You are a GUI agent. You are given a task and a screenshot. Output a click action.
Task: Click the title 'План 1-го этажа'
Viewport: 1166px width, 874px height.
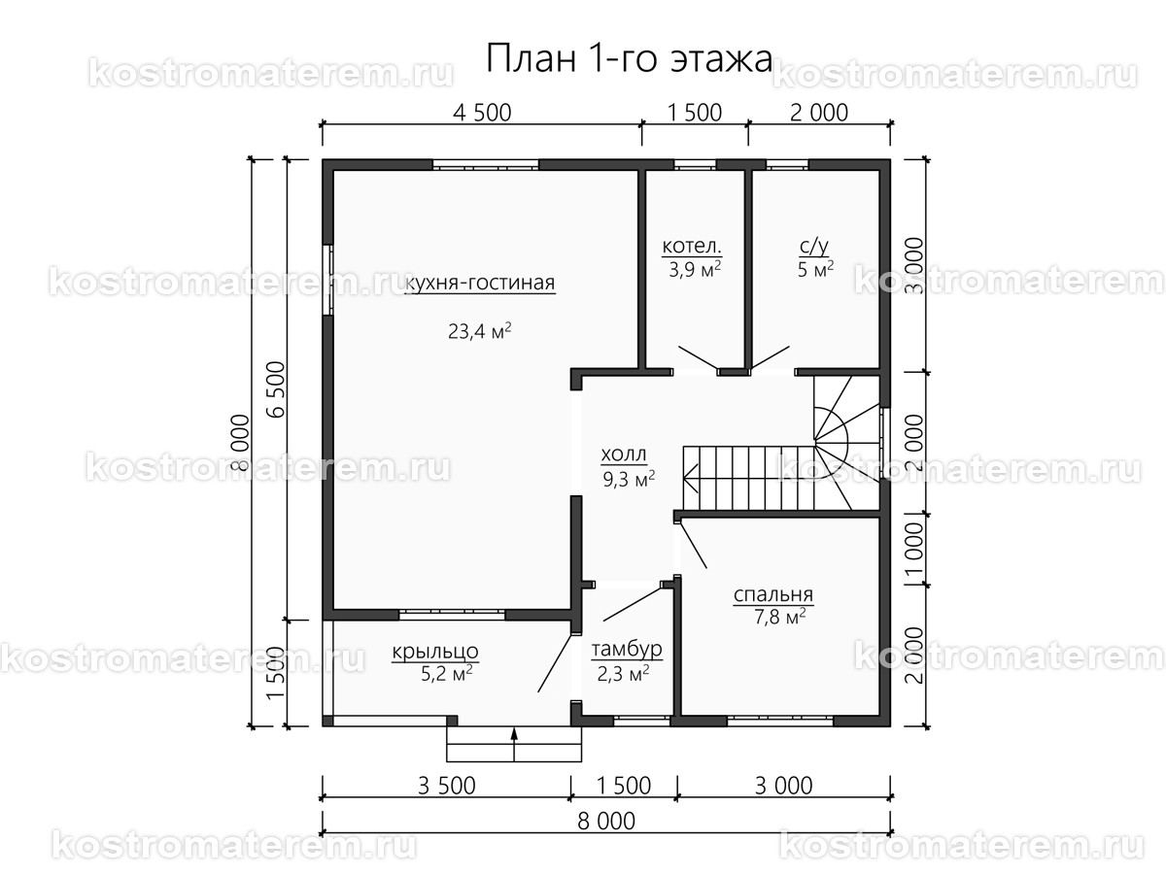coord(629,59)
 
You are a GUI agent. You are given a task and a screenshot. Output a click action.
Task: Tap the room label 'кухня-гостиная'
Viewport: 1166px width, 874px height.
coord(480,284)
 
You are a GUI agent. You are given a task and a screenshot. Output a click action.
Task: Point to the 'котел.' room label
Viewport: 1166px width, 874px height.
coord(692,246)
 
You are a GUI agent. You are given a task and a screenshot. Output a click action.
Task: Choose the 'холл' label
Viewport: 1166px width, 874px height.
coord(624,454)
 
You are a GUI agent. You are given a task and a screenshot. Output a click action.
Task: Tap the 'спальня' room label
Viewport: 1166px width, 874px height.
coord(773,595)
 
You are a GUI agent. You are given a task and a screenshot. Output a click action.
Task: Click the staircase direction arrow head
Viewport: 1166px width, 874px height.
coord(690,477)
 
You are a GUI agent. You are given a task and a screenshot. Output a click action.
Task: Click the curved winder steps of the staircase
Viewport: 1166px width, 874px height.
coord(835,427)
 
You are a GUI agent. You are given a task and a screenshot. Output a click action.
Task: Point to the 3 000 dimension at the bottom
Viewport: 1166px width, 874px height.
coord(780,786)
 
